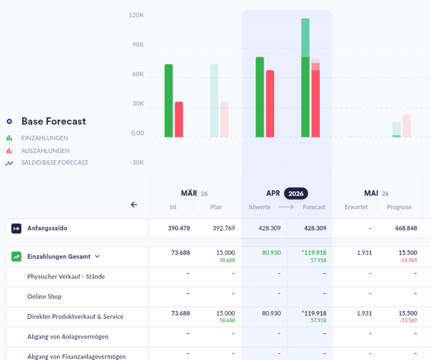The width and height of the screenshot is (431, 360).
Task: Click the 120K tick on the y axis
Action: coord(136,15)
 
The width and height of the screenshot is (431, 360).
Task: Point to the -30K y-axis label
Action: coord(136,162)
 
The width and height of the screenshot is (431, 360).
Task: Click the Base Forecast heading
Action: coord(53,121)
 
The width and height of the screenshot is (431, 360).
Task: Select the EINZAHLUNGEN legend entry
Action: coord(44,138)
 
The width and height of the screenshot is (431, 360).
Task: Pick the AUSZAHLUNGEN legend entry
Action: coord(45,150)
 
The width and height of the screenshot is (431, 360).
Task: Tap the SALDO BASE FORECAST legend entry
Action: coord(55,162)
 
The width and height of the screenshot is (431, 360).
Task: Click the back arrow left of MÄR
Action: coord(134,205)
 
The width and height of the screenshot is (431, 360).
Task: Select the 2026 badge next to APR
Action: coord(296,193)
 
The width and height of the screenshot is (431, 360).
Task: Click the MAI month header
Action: coord(371,193)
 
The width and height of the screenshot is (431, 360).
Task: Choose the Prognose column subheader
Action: coord(399,207)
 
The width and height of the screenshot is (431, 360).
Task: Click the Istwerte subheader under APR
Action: coord(260,207)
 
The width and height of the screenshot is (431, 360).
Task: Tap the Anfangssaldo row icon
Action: coord(17,228)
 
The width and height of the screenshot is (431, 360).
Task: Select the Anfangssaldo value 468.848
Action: coord(405,228)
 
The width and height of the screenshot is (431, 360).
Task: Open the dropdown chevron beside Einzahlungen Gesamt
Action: coord(97,256)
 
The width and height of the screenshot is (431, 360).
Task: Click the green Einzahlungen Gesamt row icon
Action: coord(17,256)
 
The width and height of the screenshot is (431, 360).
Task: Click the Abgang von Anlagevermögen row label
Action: coord(68,336)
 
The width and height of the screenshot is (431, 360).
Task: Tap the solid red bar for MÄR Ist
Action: coord(179,119)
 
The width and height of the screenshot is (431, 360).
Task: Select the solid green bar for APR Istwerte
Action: coord(260,97)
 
